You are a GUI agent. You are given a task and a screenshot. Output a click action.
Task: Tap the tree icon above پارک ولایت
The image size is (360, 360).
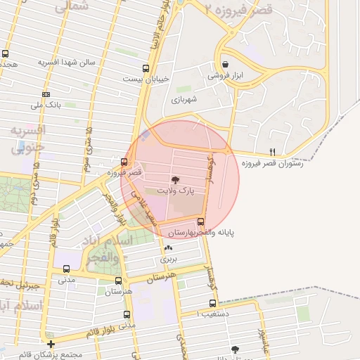[x=175, y=180]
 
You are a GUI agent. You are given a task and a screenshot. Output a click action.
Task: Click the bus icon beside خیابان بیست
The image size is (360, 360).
[x=146, y=69]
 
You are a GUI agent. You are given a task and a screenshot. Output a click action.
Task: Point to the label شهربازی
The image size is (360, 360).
[x=185, y=99]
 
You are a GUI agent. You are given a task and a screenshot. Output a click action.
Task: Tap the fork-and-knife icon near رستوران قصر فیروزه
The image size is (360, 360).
[x=273, y=152]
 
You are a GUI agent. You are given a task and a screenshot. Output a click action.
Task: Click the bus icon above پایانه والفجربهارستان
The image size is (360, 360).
[x=200, y=221]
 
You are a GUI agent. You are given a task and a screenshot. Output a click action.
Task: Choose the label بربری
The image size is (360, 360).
[x=168, y=259]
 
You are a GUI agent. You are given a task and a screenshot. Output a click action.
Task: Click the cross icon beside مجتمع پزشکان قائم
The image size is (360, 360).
[x=51, y=345]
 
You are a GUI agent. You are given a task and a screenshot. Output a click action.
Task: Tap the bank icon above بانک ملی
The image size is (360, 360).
[x=46, y=94]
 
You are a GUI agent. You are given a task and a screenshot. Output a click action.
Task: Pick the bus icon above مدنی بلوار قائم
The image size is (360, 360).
[x=127, y=314]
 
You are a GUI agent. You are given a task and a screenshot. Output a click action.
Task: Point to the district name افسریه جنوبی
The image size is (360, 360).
[x=28, y=139]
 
